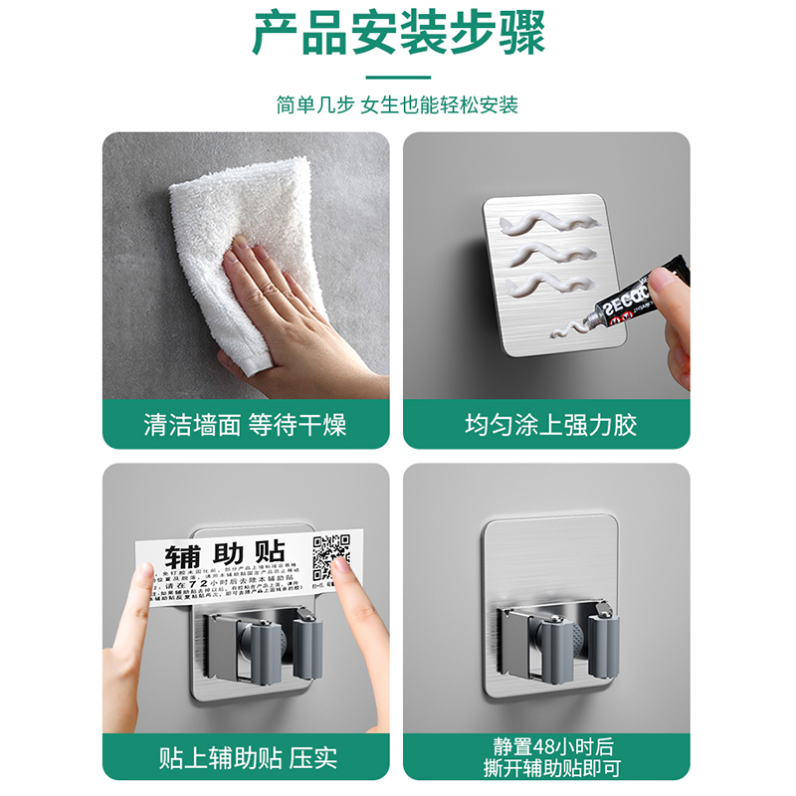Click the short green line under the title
click(x=398, y=77)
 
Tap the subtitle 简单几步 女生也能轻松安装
click(x=398, y=104)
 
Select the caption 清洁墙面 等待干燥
click(x=246, y=425)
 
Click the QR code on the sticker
click(x=331, y=556)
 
